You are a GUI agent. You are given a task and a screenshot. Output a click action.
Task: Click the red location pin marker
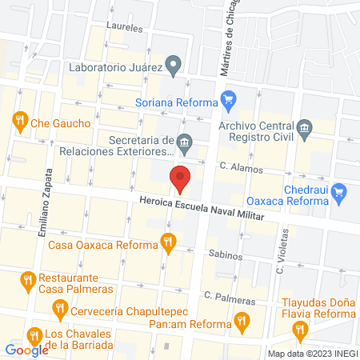tap(181, 178)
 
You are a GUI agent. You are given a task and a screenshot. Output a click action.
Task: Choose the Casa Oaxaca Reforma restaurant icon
tap(166, 240)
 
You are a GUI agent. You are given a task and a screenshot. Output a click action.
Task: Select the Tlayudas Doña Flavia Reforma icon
tap(301, 328)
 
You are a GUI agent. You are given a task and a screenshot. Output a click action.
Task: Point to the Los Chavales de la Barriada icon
tap(33, 334)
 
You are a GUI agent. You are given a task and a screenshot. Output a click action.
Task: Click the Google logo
tap(26, 350)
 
